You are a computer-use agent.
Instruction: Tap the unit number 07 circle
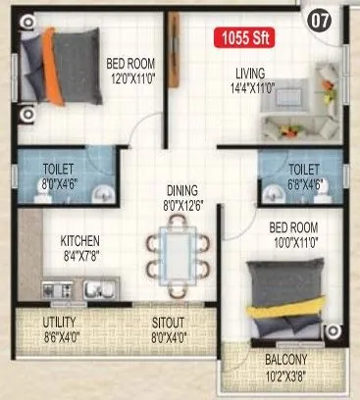318,19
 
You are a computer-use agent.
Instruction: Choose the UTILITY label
60,321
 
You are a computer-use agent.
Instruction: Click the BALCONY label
286,358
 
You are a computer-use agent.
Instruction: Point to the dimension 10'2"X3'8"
287,373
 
